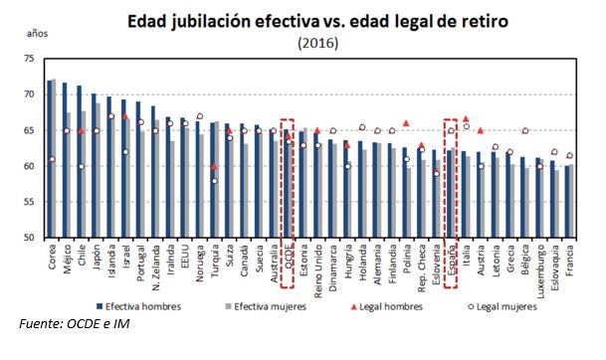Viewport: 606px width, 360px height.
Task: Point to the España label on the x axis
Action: click(x=451, y=260)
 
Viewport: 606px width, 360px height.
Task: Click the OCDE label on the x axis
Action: click(x=289, y=262)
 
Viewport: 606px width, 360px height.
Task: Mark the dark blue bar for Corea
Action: click(x=50, y=159)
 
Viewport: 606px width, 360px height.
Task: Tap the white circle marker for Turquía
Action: click(x=214, y=181)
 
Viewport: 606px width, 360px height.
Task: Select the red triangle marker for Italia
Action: click(x=465, y=118)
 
